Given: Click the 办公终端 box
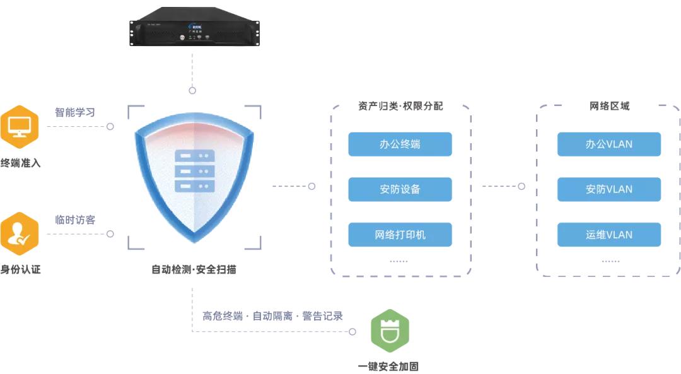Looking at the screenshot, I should [400, 144].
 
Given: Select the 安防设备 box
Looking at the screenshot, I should [400, 189].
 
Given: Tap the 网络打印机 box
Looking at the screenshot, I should [400, 235].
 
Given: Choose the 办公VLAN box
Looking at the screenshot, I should [608, 144].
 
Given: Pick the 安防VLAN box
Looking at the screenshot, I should [608, 189].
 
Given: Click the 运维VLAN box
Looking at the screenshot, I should [608, 235].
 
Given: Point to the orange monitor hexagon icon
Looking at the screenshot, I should [19, 126].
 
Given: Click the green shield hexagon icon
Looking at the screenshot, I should [390, 330].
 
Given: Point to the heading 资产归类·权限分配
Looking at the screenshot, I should [400, 106].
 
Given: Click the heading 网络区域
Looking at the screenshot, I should [609, 106].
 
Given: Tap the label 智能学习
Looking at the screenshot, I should [75, 112].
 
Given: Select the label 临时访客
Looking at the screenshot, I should [75, 219].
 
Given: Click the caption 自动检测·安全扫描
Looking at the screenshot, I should [194, 269].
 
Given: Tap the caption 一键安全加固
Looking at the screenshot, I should [388, 366].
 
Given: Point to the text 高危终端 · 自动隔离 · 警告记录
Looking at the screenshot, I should [272, 316].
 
